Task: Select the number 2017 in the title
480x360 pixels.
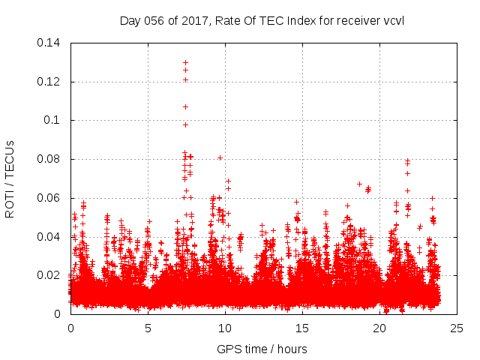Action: pyautogui.click(x=184, y=20)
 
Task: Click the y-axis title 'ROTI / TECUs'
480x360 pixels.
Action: pyautogui.click(x=10, y=178)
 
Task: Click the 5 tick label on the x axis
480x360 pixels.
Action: pyautogui.click(x=148, y=328)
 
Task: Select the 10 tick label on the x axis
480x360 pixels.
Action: pyautogui.click(x=225, y=328)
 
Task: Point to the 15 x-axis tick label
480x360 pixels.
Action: pyautogui.click(x=302, y=328)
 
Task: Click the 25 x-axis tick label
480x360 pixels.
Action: pyautogui.click(x=457, y=328)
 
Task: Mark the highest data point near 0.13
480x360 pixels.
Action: pyautogui.click(x=185, y=62)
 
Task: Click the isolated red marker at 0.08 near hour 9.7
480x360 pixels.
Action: pyautogui.click(x=220, y=157)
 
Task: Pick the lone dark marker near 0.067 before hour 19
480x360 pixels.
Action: pyautogui.click(x=359, y=184)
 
